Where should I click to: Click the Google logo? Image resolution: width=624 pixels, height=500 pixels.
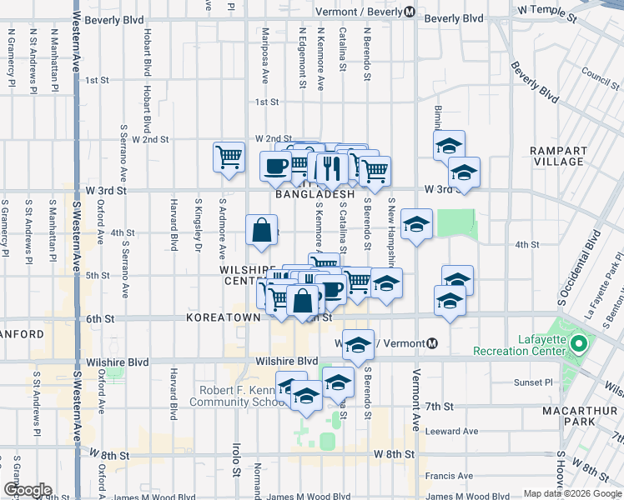tap(27, 490)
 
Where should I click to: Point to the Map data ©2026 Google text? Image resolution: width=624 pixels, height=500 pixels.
tap(571, 493)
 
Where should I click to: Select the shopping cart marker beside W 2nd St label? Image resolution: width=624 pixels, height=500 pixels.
tap(229, 156)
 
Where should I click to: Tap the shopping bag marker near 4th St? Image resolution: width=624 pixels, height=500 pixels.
tap(262, 230)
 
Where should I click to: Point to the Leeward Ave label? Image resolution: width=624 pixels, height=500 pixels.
tap(451, 432)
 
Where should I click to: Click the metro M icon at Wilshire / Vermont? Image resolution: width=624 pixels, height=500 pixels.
tap(432, 343)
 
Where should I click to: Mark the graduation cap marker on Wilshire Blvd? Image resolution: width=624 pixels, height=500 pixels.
tap(358, 345)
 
